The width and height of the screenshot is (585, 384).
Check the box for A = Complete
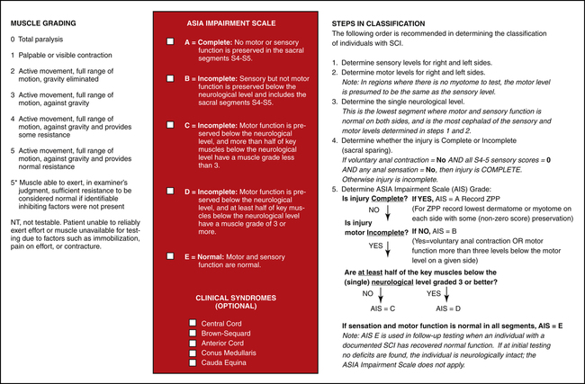(x=170, y=42)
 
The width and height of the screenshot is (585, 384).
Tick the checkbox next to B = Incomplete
(x=170, y=79)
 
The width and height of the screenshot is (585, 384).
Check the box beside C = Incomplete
(x=170, y=128)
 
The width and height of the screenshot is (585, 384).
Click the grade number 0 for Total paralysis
(x=13, y=40)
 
